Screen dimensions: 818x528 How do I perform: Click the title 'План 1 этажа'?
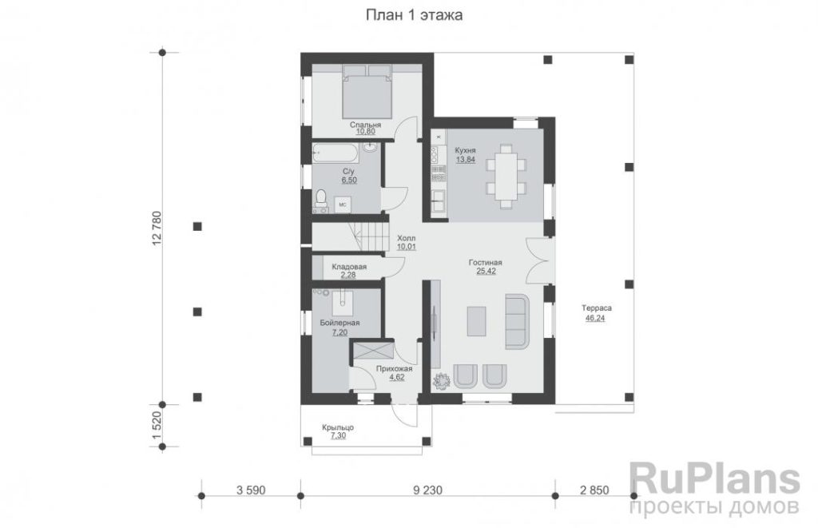414,15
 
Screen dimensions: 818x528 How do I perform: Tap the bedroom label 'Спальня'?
365,125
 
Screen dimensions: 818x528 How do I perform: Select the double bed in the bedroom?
367,93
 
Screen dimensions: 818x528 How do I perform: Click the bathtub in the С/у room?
336,153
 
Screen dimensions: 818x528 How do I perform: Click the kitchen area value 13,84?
466,160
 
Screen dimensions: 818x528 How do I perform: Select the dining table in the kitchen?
506,177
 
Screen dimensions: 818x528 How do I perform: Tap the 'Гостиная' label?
485,263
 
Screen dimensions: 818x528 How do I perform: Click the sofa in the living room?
517,321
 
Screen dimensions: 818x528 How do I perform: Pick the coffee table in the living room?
476,321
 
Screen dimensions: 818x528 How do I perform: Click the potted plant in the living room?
442,380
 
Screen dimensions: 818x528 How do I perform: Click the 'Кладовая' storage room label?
349,267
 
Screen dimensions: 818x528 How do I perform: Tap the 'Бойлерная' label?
340,323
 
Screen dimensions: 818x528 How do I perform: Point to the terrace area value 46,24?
595,318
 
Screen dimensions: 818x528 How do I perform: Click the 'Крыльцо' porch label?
338,427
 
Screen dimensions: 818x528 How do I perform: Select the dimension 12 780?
157,228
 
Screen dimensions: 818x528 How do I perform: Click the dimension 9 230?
427,490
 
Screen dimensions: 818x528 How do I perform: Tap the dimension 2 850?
594,490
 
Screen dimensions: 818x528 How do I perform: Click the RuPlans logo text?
715,478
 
